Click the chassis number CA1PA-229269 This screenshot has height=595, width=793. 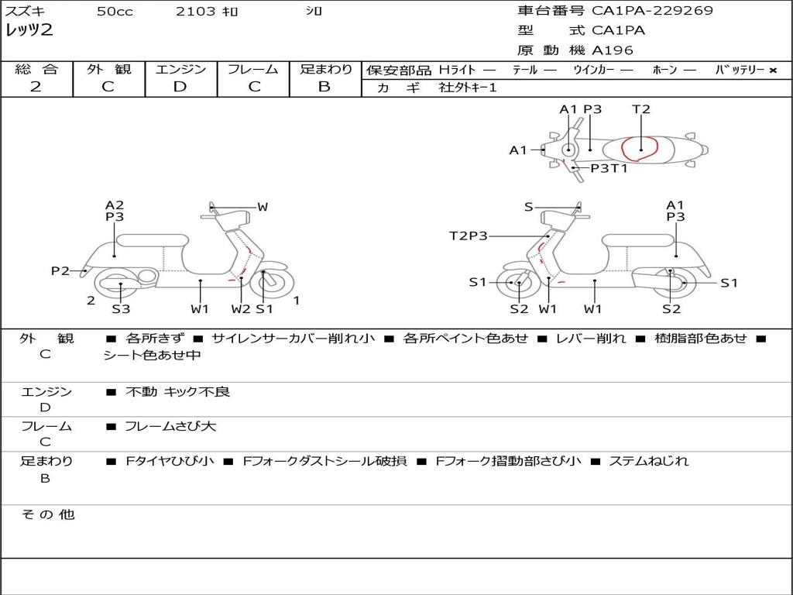652,11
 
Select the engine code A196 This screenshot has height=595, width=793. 613,50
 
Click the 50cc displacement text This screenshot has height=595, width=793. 115,12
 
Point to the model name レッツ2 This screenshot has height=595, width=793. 30,31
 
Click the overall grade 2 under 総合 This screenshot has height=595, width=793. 36,87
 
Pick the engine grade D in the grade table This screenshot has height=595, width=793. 180,87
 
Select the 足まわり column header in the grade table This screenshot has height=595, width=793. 325,70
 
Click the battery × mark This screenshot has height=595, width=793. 772,71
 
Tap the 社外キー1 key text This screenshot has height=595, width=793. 467,88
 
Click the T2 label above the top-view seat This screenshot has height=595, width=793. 641,109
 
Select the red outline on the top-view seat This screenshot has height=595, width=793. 640,148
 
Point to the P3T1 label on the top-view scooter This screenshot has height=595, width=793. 609,168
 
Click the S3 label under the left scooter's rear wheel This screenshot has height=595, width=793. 121,309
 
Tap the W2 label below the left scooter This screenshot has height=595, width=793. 241,309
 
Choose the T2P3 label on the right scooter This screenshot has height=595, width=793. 469,236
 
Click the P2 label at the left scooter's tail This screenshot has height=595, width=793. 60,270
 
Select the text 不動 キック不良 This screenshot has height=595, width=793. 178,392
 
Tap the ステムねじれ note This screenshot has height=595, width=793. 649,461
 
